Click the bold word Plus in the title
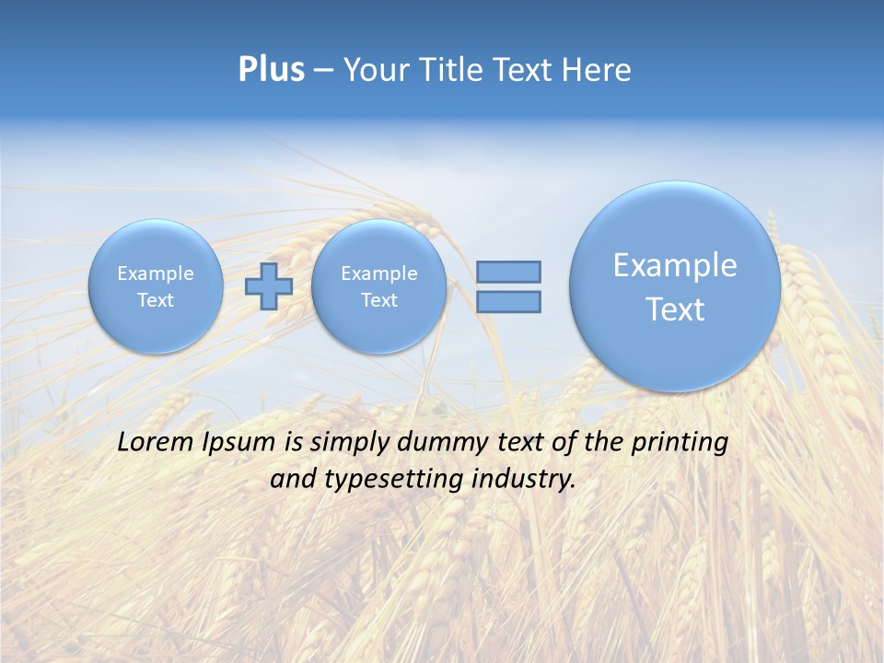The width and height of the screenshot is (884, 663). click(271, 70)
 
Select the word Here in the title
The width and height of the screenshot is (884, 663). click(599, 70)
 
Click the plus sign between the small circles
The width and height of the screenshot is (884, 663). click(269, 286)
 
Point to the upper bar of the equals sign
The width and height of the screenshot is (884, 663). click(508, 272)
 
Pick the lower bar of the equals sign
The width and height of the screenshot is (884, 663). click(508, 302)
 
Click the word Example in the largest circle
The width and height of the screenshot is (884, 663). click(675, 265)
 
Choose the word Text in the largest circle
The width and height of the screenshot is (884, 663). click(675, 309)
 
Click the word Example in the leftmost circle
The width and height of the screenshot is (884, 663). click(156, 273)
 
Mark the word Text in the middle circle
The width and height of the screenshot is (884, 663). click(378, 300)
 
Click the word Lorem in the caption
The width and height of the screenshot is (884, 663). click(157, 442)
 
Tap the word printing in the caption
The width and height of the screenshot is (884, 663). click(679, 442)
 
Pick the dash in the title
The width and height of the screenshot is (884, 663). click(323, 71)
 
